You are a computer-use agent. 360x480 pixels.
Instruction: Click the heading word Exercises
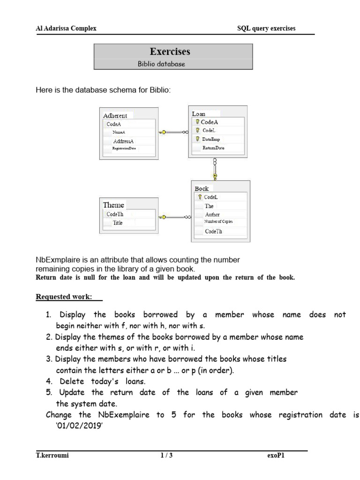click(x=170, y=51)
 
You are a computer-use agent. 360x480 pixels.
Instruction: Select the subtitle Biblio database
click(x=161, y=64)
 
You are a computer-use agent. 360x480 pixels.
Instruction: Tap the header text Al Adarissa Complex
click(x=66, y=29)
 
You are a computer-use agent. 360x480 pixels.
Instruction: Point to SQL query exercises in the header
click(x=266, y=29)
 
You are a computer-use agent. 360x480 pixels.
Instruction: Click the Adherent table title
click(x=115, y=115)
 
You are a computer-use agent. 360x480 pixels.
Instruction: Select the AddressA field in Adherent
click(x=123, y=141)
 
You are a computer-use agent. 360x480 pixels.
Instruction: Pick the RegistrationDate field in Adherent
click(x=124, y=149)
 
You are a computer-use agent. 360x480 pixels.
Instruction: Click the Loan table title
click(x=199, y=113)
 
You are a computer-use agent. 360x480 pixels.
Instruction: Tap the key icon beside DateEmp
click(x=198, y=139)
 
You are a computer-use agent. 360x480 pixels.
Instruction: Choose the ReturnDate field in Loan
click(x=213, y=148)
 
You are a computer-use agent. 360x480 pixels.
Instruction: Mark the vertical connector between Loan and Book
click(x=215, y=168)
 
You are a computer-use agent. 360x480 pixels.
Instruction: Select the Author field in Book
click(x=212, y=214)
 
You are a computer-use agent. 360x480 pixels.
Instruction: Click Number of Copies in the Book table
click(x=218, y=221)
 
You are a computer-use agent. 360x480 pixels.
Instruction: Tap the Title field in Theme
click(x=118, y=223)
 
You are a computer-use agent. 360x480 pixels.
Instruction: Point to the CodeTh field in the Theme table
click(x=115, y=214)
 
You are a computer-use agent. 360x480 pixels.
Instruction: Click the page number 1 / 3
click(x=166, y=455)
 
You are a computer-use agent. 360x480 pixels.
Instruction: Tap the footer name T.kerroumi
click(x=52, y=455)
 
